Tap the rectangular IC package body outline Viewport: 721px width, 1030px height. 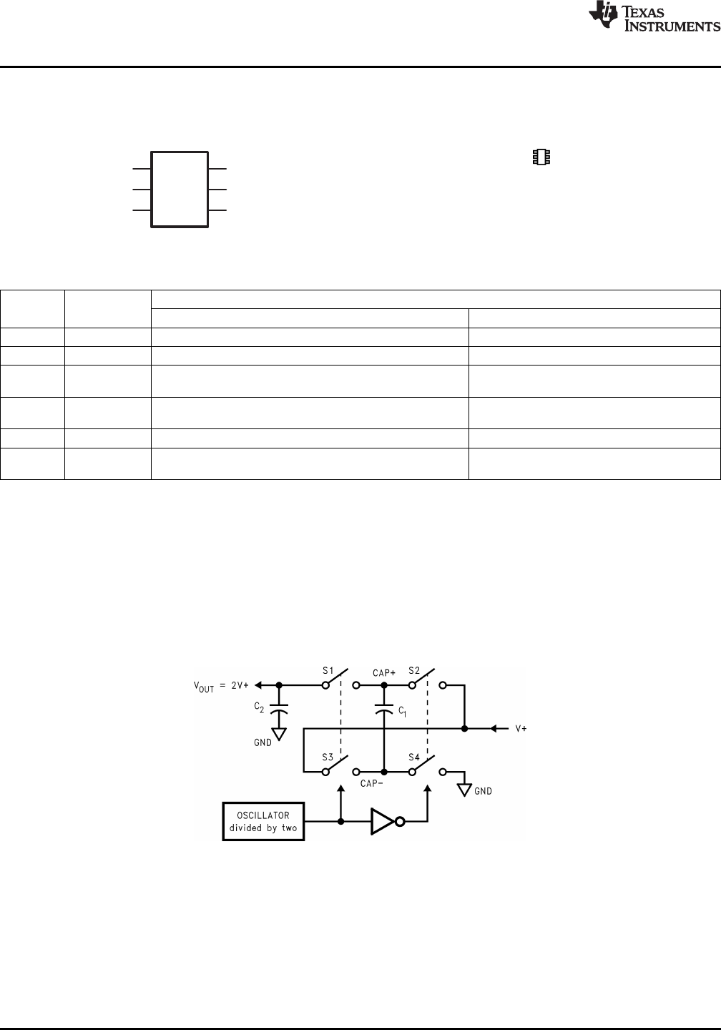(x=180, y=190)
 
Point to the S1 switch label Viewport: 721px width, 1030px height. (x=328, y=671)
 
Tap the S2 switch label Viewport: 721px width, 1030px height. (x=414, y=671)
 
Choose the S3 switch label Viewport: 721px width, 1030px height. (x=328, y=757)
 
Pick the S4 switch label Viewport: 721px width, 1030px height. (x=414, y=757)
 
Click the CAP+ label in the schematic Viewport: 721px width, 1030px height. (x=384, y=673)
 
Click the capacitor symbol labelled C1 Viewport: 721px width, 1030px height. (x=384, y=712)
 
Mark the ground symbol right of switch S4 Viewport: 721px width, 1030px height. (x=464, y=790)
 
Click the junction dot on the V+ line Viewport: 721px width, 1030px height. (x=464, y=729)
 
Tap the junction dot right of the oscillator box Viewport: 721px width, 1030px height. (x=340, y=822)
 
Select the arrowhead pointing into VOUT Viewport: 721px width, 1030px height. (x=260, y=685)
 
